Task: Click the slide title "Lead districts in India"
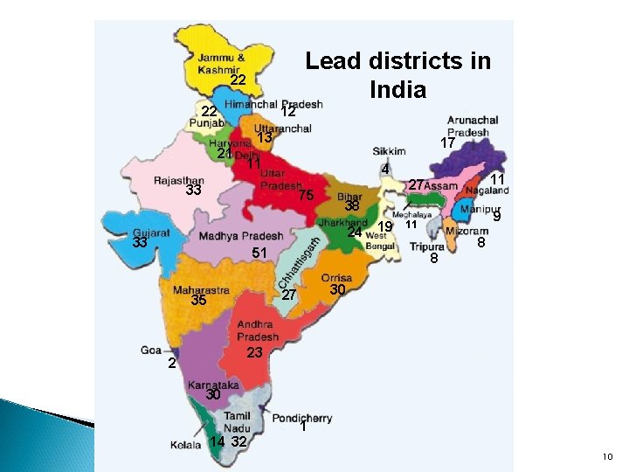pos(397,75)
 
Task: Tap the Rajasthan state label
pos(178,181)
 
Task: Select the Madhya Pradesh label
pos(240,236)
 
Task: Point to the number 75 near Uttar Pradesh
pos(305,197)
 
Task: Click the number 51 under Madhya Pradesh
pos(259,253)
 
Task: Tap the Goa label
pos(149,350)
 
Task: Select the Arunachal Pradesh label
pos(473,127)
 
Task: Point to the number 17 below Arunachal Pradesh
pos(447,142)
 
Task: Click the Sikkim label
pos(389,151)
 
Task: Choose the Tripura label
pos(427,246)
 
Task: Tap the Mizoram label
pos(460,231)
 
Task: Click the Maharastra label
pos(201,289)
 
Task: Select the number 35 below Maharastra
pos(198,301)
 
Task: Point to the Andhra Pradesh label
pos(259,331)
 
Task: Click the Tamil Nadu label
pos(237,423)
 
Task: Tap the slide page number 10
pos(608,457)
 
